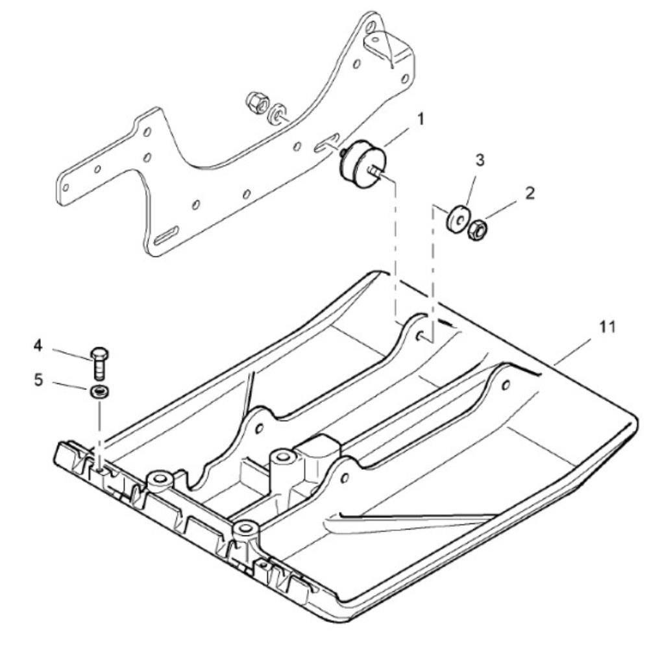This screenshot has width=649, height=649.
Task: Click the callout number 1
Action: pos(421,119)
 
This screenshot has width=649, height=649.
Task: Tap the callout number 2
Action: pos(530,193)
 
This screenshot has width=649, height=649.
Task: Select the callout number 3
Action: pos(480,161)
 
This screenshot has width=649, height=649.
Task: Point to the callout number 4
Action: pos(40,345)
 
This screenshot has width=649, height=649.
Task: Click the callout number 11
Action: pos(606,327)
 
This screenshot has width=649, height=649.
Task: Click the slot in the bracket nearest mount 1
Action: pos(326,143)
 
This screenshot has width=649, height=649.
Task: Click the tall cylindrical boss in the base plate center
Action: pos(283,467)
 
